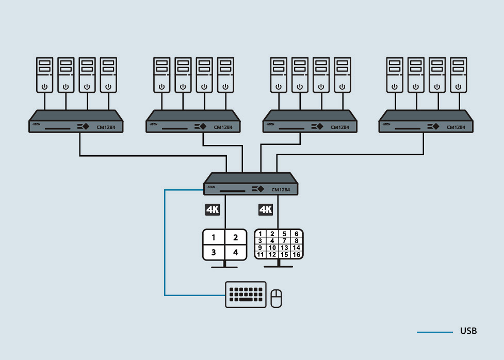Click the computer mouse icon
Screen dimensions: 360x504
click(x=277, y=299)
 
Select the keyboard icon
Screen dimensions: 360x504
click(x=246, y=294)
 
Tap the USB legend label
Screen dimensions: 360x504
click(x=468, y=331)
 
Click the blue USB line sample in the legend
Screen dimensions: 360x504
click(x=434, y=332)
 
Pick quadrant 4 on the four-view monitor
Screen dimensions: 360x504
click(x=236, y=253)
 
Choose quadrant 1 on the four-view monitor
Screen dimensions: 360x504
click(x=214, y=238)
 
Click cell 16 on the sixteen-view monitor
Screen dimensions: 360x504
click(x=296, y=255)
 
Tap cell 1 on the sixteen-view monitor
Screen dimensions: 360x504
click(x=261, y=234)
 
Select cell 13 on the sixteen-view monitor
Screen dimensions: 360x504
click(x=284, y=248)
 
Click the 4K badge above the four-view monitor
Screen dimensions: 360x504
click(x=213, y=209)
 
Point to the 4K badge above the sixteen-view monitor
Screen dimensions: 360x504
click(x=265, y=209)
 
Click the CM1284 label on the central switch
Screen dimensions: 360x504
click(x=281, y=190)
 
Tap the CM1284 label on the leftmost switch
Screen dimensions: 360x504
click(x=106, y=127)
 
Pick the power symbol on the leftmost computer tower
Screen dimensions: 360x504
click(x=44, y=86)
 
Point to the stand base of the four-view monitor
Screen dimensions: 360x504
click(x=224, y=267)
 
